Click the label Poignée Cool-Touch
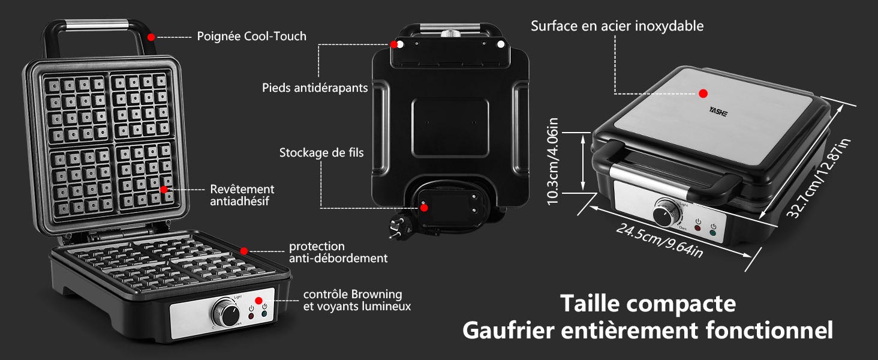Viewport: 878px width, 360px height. tap(251, 37)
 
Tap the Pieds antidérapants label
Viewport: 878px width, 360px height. tap(314, 88)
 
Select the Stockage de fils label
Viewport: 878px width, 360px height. tap(321, 152)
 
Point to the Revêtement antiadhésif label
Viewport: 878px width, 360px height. tap(242, 195)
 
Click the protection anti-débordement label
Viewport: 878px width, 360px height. tap(338, 252)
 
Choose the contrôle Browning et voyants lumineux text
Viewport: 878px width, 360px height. tap(357, 300)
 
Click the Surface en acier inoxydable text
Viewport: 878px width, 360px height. tap(617, 26)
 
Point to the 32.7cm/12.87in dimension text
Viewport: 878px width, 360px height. tap(818, 179)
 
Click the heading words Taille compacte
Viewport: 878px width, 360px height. tap(648, 304)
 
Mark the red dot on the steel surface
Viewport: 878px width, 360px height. tap(703, 94)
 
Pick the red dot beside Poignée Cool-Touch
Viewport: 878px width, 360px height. tap(151, 37)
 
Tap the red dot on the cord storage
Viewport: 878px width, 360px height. tap(424, 208)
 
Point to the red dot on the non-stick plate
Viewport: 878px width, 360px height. tap(164, 189)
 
